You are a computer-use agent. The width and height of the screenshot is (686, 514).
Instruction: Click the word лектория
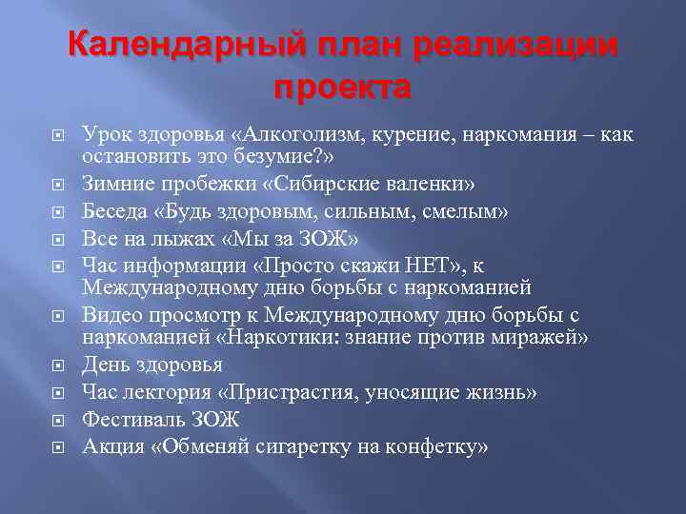tap(182, 392)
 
